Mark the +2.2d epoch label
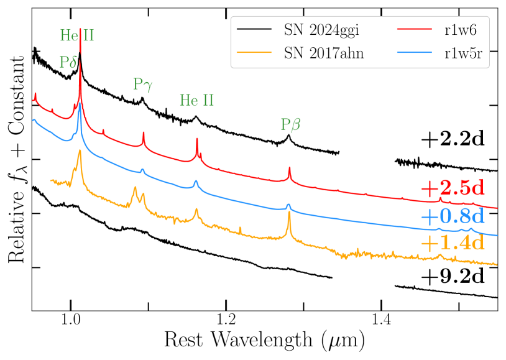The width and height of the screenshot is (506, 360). coord(452,139)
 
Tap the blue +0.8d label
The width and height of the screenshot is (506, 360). coord(452,216)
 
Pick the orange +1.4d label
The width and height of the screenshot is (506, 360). coord(452,242)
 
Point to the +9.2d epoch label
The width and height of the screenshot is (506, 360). coord(452,277)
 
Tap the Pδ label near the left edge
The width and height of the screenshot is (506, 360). coord(68,62)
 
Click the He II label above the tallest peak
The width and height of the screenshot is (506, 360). coord(77,35)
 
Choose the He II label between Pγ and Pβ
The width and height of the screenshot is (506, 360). coord(196,100)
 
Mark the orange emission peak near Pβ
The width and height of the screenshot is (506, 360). coord(289,215)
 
